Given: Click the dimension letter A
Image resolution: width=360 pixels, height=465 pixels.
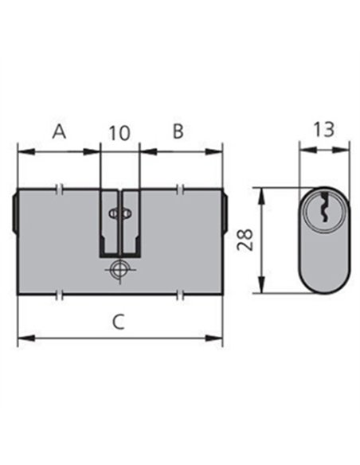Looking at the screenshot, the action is [x=59, y=131].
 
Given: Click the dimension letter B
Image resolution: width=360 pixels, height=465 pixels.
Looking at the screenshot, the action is [x=178, y=131].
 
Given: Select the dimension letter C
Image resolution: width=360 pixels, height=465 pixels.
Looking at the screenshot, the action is [x=119, y=322].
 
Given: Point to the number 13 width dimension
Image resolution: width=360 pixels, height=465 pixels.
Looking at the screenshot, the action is [x=324, y=130].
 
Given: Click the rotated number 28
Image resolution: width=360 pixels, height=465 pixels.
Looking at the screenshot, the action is [x=245, y=240].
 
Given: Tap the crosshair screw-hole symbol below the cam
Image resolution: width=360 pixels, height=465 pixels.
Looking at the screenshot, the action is [x=119, y=270].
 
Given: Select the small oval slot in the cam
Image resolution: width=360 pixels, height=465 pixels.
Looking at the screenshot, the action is [x=119, y=213].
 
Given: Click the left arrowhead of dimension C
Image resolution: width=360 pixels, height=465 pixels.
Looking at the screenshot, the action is [x=26, y=338].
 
